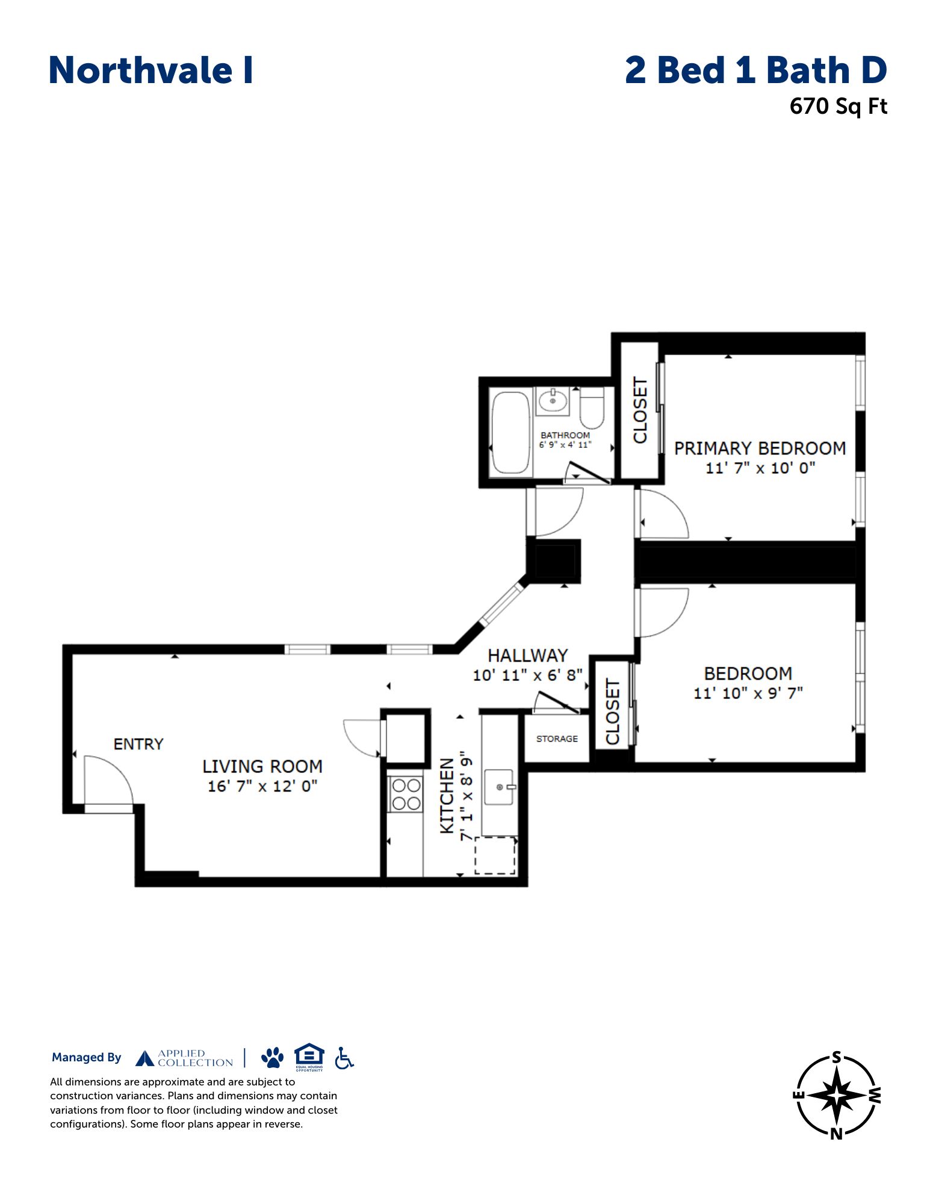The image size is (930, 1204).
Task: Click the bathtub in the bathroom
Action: click(x=511, y=433)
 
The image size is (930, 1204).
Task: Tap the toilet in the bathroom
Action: click(x=591, y=408)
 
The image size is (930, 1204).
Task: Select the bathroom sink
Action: click(x=553, y=400)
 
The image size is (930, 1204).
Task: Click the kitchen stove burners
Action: click(x=406, y=794)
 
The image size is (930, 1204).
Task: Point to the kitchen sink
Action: click(x=499, y=786)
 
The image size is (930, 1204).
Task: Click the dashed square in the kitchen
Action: click(x=495, y=855)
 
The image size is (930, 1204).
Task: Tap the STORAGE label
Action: click(x=557, y=739)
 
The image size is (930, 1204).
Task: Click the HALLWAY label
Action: click(x=527, y=655)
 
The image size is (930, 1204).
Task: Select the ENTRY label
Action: click(x=138, y=744)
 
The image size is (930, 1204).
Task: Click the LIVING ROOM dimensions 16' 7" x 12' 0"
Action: click(x=262, y=786)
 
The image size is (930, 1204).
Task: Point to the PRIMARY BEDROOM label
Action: click(x=760, y=448)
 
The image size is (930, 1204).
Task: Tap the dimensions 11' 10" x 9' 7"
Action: click(x=748, y=693)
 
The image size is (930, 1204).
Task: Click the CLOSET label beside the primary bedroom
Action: click(x=640, y=410)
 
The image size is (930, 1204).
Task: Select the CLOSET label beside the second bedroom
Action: click(x=612, y=712)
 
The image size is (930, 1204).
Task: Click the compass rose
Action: click(x=836, y=1095)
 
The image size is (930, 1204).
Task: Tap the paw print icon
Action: click(x=273, y=1058)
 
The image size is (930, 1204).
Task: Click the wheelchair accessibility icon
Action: click(x=344, y=1058)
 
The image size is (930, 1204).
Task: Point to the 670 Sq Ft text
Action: click(x=839, y=107)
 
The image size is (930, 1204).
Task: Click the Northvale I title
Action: click(x=150, y=70)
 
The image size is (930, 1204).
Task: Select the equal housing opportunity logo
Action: click(x=309, y=1057)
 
